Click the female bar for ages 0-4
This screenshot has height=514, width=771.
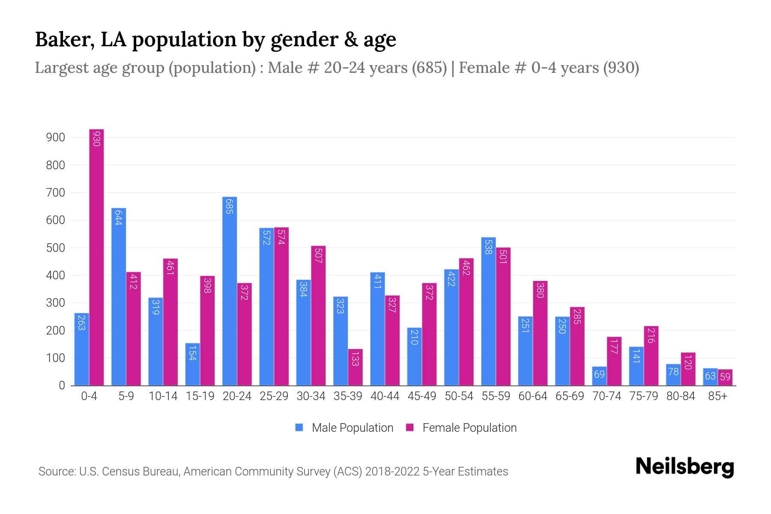(96, 257)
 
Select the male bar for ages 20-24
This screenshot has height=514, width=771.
(230, 291)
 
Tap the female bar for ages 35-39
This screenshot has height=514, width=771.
(355, 368)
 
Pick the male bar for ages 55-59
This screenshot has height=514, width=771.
(488, 311)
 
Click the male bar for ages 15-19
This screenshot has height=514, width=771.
(193, 364)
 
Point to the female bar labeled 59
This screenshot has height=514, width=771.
(725, 377)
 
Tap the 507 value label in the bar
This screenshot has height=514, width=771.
(318, 256)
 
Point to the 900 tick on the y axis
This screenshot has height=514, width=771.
(55, 137)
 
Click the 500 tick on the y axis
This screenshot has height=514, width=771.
(55, 248)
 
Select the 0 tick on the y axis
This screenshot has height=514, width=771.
(62, 385)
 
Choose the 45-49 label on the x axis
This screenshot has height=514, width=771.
(421, 396)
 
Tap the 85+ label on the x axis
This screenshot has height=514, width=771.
(717, 396)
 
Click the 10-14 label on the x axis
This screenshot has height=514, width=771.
(163, 396)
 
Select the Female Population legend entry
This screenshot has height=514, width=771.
(461, 428)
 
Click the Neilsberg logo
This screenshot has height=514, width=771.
(684, 466)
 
